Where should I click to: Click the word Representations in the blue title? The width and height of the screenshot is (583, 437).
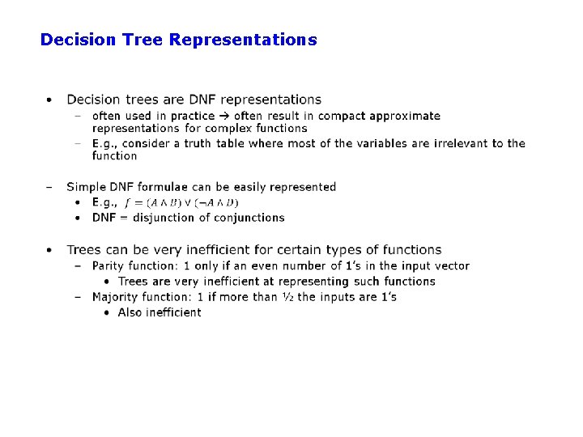(x=243, y=39)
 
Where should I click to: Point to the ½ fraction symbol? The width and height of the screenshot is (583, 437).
(x=287, y=297)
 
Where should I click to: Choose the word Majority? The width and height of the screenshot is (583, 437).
(x=117, y=297)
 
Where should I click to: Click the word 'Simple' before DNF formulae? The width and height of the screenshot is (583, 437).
(x=87, y=187)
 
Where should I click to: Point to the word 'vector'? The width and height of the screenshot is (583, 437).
(x=450, y=265)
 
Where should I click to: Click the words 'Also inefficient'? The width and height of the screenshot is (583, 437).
(x=160, y=312)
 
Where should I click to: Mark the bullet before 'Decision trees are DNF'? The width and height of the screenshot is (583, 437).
(x=49, y=100)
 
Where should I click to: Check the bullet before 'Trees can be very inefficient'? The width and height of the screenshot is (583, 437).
(x=49, y=250)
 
